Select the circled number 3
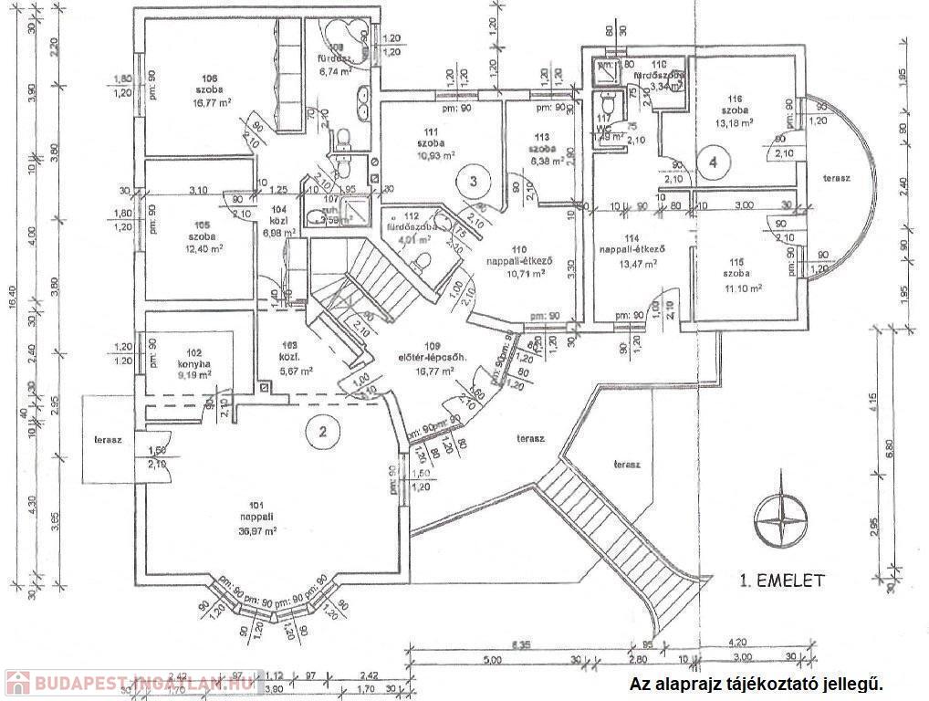coord(473,180)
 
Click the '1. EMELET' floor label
coord(782,580)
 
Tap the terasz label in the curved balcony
coord(836,177)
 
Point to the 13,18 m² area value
coord(735,121)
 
